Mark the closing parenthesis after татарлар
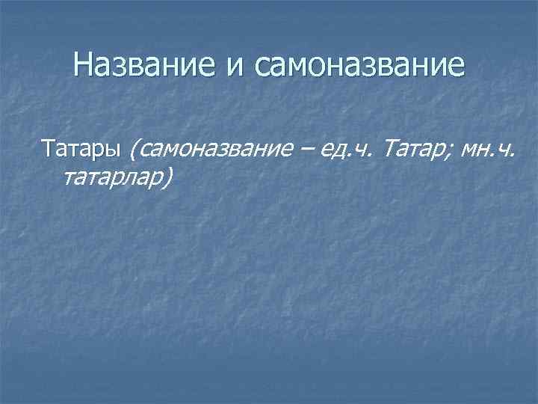pos(170,177)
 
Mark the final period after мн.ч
pos(512,153)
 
